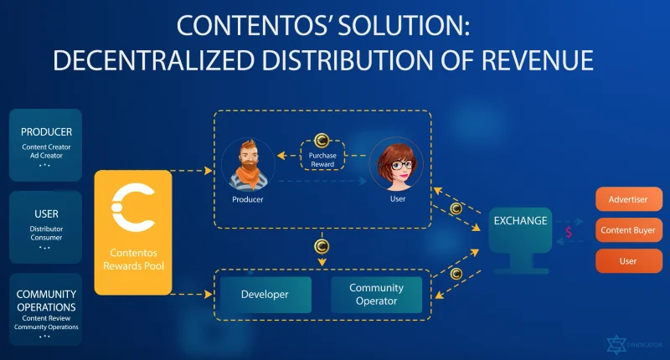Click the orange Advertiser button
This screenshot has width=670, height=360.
[x=629, y=199]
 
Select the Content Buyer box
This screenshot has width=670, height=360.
[x=629, y=230]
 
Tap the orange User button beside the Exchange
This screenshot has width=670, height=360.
[x=629, y=261]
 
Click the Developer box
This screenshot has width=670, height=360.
[x=265, y=295]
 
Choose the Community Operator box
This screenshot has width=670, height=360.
[x=376, y=295]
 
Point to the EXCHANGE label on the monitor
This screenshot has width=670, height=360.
[x=520, y=221]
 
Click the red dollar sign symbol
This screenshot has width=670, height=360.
[x=569, y=232]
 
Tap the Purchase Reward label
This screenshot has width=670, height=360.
[x=322, y=160]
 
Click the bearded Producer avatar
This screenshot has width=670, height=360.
[x=248, y=164]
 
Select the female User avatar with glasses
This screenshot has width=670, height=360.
[x=396, y=163]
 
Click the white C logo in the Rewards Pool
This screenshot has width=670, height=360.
[x=132, y=207]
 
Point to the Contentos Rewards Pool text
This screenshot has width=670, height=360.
[x=133, y=260]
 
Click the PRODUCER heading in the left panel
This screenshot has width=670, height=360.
[x=46, y=132]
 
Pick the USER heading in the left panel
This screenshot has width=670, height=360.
[x=46, y=214]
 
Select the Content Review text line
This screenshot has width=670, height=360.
[x=46, y=318]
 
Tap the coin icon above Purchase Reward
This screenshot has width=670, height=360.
[x=322, y=141]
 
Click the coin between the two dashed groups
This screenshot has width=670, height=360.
[x=322, y=246]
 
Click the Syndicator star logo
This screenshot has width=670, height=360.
[x=616, y=344]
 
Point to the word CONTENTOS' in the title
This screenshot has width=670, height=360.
[x=255, y=26]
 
